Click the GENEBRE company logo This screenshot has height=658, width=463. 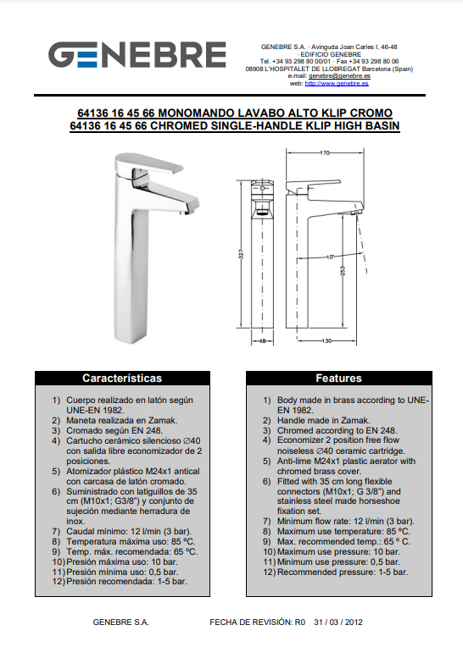(x=137, y=54)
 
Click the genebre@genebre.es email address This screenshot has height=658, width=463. (x=339, y=76)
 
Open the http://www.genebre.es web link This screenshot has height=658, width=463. (x=337, y=84)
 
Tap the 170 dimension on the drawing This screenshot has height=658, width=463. (x=325, y=153)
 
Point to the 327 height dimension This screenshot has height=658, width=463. (x=241, y=255)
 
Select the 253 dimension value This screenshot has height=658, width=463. (x=343, y=271)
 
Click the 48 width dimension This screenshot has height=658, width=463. (x=262, y=341)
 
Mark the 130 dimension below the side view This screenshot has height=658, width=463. (x=326, y=341)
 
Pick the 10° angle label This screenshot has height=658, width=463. (x=330, y=257)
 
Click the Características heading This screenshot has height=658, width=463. (x=122, y=378)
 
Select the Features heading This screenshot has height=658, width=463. (x=338, y=378)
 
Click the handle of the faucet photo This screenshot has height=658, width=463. (x=148, y=163)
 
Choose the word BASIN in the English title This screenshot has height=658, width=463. (x=382, y=125)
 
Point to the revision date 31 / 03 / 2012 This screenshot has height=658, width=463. (x=337, y=622)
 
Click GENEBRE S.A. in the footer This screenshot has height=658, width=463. (x=120, y=622)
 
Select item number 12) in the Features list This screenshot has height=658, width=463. (x=269, y=572)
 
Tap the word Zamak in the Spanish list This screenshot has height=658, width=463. (x=162, y=420)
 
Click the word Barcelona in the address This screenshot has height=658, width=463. (x=377, y=69)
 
